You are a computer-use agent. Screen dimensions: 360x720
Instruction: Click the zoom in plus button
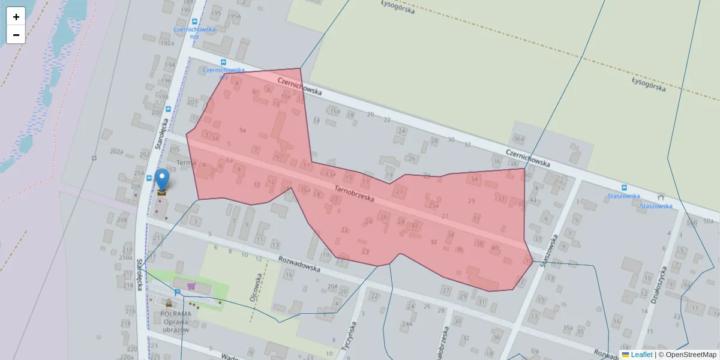(16, 16)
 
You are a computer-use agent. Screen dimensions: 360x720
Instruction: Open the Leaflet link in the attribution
(641, 355)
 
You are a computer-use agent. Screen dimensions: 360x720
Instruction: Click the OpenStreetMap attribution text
(691, 355)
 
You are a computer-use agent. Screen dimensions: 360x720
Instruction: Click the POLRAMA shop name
(176, 313)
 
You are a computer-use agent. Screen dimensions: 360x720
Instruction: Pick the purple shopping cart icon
(191, 287)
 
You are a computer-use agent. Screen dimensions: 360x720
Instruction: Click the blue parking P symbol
(178, 292)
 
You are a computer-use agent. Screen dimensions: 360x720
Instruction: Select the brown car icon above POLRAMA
(169, 304)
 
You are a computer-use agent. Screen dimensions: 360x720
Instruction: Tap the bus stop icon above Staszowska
(624, 187)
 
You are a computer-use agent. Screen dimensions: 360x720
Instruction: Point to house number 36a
(519, 139)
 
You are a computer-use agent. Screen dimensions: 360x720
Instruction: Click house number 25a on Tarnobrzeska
(433, 205)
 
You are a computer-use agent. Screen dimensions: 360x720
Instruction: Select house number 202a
(116, 152)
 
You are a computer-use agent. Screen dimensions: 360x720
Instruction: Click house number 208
(122, 220)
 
